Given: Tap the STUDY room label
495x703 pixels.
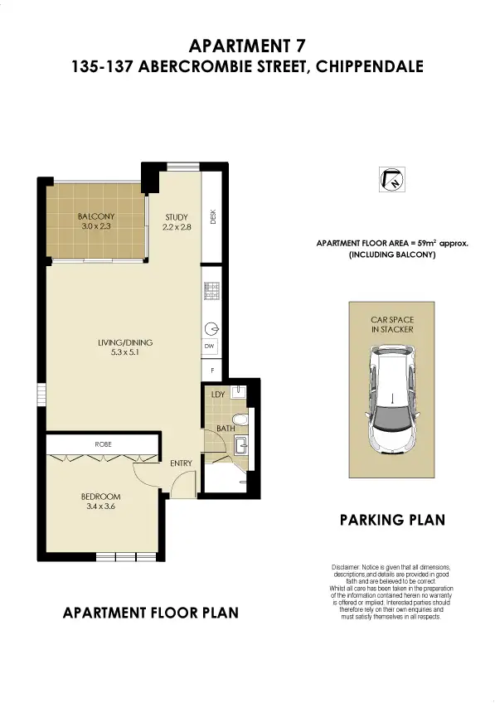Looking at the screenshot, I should tap(177, 216).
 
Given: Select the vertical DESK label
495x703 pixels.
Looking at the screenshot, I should tap(213, 217).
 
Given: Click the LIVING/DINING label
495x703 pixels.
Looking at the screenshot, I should tap(125, 342).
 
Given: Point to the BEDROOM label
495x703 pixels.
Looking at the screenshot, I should tap(101, 497).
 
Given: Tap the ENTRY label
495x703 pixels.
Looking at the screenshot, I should tap(182, 463).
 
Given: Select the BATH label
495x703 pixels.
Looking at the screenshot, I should tap(225, 429).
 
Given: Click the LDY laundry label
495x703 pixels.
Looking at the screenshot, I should tap(218, 395).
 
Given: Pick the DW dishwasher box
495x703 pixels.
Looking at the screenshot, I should tap(211, 346).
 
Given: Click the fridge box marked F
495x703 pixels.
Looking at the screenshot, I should tap(211, 369).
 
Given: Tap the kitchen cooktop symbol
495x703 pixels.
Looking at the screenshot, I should tap(211, 292).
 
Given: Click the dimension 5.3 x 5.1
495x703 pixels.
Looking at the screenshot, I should tap(125, 353).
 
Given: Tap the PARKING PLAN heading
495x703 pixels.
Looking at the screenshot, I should tap(392, 521).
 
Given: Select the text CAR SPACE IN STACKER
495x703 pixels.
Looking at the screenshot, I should tap(392, 323).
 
